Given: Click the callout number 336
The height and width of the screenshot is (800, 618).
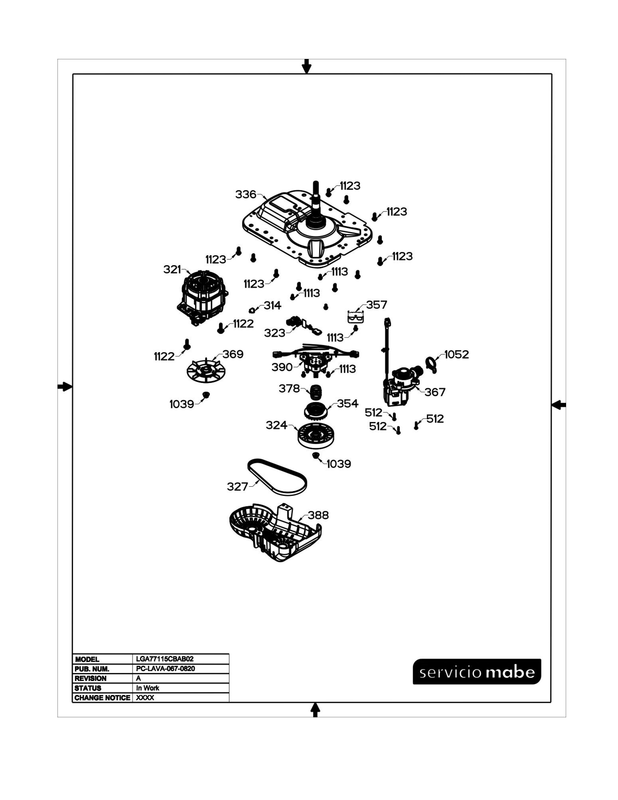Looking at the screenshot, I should pos(246,194).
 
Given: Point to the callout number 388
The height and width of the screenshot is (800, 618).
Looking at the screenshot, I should pos(318,515).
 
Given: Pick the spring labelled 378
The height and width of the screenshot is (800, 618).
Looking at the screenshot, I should pos(316,392).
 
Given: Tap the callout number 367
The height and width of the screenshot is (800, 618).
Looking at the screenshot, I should pos(435,392).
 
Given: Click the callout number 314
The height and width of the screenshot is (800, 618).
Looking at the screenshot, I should pos(272,305).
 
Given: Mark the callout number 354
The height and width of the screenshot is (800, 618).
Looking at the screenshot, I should pos(348,403).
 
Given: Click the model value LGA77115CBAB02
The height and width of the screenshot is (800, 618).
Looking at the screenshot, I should pos(165,659).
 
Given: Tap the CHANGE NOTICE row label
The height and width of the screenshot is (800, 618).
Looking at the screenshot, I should pos(102,697).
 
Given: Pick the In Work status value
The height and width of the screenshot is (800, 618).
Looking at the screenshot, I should pos(148,688).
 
